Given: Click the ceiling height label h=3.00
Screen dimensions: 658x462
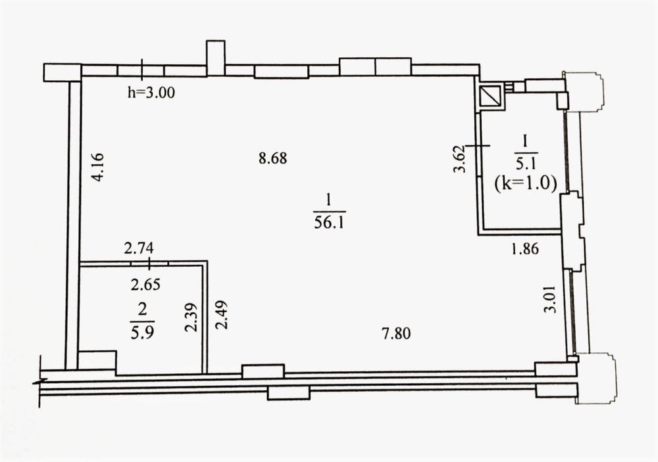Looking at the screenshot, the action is [x=151, y=92].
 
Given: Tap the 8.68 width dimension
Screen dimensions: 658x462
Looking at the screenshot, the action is [x=273, y=158].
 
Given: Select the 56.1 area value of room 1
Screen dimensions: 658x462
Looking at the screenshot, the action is [x=329, y=221].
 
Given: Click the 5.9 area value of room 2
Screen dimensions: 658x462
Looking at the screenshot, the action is [x=143, y=333].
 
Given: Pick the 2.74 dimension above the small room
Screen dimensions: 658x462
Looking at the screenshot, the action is [x=139, y=248].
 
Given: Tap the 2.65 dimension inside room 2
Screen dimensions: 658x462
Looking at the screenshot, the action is [x=145, y=285].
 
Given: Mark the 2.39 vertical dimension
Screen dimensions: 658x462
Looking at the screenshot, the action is [x=191, y=317].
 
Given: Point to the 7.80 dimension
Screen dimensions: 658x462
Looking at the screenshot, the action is [x=397, y=334].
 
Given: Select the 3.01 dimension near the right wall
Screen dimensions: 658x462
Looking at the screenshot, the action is [x=549, y=299].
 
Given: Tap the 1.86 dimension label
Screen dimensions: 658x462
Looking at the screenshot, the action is [x=524, y=249].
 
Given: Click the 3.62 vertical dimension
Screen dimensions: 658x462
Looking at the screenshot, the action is [x=461, y=158].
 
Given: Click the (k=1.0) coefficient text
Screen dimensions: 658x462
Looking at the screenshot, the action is [x=525, y=183].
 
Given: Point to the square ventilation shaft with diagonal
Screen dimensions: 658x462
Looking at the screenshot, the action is [x=491, y=97].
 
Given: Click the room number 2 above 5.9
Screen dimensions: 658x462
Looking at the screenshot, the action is [x=143, y=311].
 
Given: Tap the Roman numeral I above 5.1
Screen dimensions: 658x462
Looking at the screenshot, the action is [x=524, y=141].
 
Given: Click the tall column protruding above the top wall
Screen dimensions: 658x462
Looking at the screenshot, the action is [x=216, y=58].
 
